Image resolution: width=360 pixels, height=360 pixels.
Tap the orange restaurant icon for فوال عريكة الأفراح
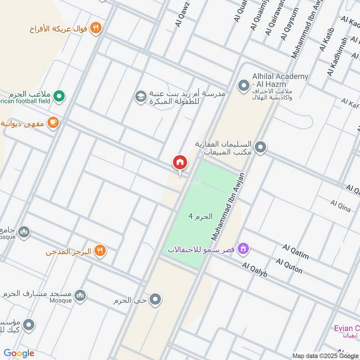point(95,28)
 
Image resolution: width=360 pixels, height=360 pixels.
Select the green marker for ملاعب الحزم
point(59,96)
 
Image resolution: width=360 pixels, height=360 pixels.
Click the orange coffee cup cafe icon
point(53,122)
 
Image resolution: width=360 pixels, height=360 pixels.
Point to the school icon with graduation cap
point(140,96)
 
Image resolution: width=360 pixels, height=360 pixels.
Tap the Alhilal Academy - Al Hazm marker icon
point(243,85)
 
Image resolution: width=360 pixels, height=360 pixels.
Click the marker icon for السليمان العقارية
point(260,147)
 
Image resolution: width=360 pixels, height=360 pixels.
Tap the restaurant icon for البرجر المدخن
point(100,251)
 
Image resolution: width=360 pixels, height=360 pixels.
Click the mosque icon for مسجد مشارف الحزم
point(80,295)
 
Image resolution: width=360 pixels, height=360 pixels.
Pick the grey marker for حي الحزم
point(155,299)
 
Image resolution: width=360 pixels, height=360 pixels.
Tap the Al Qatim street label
point(296,252)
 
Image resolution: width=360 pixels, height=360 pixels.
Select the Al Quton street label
point(289,266)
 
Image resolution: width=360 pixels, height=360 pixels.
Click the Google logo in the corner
point(19,353)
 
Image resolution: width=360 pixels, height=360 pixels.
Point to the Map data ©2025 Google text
point(325,355)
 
